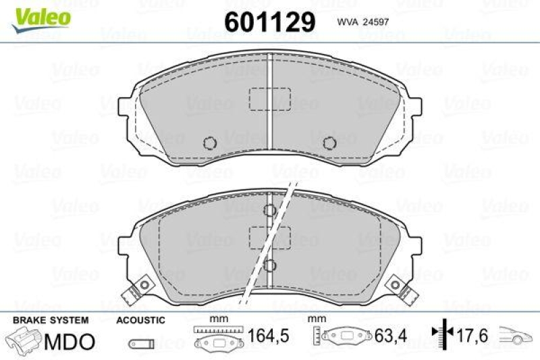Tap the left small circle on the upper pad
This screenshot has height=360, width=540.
pyautogui.click(x=209, y=143)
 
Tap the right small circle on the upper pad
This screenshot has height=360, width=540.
pyautogui.click(x=329, y=143)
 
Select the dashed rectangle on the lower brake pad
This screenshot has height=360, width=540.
pyautogui.click(x=269, y=237)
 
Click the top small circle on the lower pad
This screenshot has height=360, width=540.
pyautogui.click(x=269, y=210)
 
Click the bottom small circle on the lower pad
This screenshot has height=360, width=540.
pyautogui.click(x=269, y=265)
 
